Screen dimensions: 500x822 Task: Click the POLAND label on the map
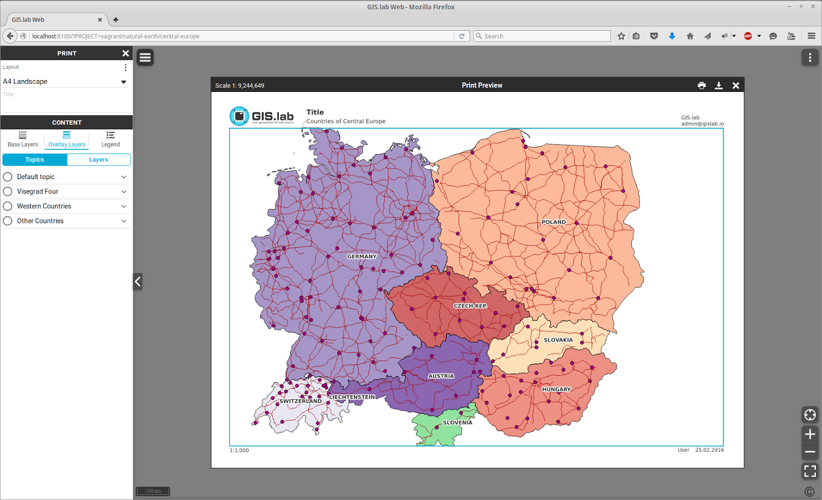pyautogui.click(x=553, y=222)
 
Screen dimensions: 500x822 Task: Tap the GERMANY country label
pyautogui.click(x=362, y=257)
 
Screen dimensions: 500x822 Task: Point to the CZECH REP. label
pyautogui.click(x=470, y=306)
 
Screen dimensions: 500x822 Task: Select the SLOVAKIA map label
pyautogui.click(x=558, y=340)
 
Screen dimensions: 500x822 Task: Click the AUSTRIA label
pyautogui.click(x=441, y=376)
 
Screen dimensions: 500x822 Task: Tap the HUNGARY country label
pyautogui.click(x=556, y=390)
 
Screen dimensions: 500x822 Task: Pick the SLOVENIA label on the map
pyautogui.click(x=457, y=423)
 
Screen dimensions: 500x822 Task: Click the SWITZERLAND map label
pyautogui.click(x=301, y=401)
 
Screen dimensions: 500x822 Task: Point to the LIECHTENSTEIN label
pyautogui.click(x=352, y=397)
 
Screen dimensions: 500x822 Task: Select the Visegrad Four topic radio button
pyautogui.click(x=8, y=191)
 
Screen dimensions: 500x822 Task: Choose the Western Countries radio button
pyautogui.click(x=8, y=206)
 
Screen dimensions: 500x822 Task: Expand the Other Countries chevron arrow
pyautogui.click(x=124, y=221)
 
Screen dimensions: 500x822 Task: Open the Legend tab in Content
pyautogui.click(x=110, y=139)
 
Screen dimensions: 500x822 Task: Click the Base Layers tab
pyautogui.click(x=23, y=139)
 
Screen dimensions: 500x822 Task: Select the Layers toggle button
pyautogui.click(x=99, y=160)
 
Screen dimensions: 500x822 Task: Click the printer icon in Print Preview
pyautogui.click(x=702, y=86)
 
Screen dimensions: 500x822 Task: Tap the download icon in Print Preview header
pyautogui.click(x=719, y=86)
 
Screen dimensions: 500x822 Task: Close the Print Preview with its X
pyautogui.click(x=736, y=86)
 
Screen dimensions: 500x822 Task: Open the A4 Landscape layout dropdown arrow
pyautogui.click(x=123, y=82)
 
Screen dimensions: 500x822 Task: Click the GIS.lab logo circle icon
pyautogui.click(x=239, y=117)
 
